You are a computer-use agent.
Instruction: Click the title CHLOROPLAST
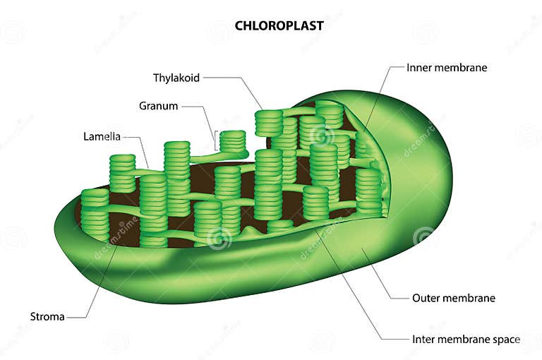[x=279, y=25]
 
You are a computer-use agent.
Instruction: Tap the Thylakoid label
[x=176, y=78]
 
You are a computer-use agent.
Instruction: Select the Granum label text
[x=158, y=106]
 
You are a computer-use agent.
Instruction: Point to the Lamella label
[x=102, y=136]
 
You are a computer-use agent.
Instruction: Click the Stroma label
[x=47, y=316]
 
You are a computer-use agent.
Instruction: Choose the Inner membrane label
[x=447, y=68]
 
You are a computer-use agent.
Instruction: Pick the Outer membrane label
[x=453, y=298]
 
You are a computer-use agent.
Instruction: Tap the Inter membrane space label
[x=466, y=339]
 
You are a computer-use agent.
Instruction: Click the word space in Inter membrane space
[x=507, y=340]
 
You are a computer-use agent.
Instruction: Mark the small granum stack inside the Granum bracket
[x=232, y=141]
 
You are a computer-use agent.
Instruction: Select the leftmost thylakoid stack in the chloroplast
[x=95, y=212]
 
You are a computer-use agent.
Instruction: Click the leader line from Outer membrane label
[x=385, y=282]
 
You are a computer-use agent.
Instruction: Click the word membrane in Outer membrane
[x=469, y=298]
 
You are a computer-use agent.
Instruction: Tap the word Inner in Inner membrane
[x=419, y=68]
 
